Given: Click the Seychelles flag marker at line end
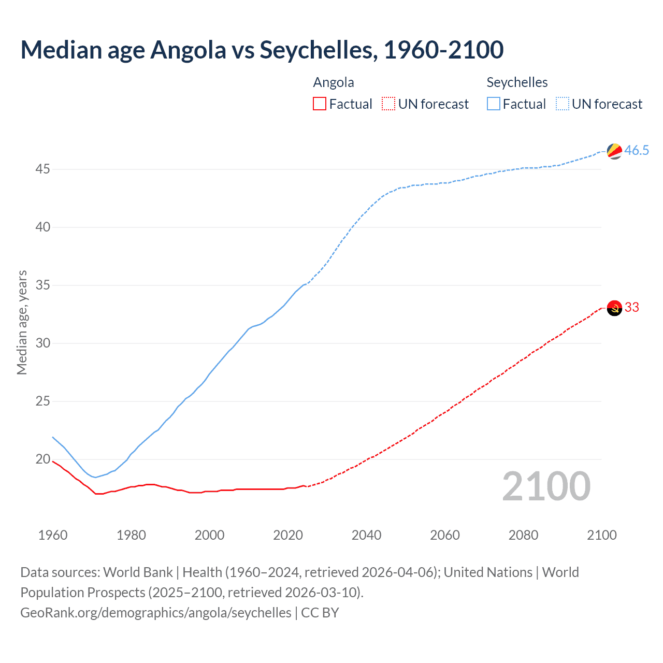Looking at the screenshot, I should (x=614, y=151).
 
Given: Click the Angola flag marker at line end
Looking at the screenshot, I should (x=614, y=308).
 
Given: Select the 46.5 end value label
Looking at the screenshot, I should (x=637, y=150).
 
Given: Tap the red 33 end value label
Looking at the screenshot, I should (x=632, y=307).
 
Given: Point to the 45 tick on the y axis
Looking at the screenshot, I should (x=43, y=169).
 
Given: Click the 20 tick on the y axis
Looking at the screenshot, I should (x=43, y=459).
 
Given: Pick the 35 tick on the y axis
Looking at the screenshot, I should (x=43, y=285).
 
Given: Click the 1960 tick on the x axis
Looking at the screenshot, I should (x=53, y=535).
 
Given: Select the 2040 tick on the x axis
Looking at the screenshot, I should (x=366, y=535).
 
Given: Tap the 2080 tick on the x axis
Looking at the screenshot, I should (x=523, y=535).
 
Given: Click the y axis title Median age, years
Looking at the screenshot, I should (x=22, y=322).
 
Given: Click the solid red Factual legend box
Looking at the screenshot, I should (x=320, y=104).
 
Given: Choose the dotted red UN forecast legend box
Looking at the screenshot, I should (x=388, y=104).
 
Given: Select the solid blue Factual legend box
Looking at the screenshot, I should (x=494, y=104).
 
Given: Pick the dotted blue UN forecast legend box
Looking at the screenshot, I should (x=563, y=104).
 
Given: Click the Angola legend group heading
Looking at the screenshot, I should (x=334, y=82).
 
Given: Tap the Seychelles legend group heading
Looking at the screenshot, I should (x=517, y=82).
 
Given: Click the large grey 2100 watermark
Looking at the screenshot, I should (x=546, y=486).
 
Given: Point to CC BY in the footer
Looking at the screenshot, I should (x=320, y=612).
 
